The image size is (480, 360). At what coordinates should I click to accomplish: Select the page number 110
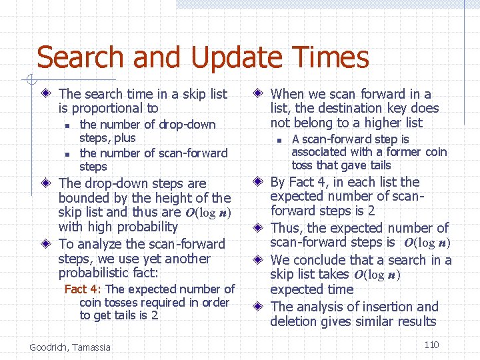point(431,345)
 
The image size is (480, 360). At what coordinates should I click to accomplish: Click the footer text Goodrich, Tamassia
point(70,347)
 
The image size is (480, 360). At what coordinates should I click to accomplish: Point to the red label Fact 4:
point(83,289)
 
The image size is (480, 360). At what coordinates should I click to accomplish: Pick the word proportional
point(107,108)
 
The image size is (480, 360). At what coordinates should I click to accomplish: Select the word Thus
point(287,228)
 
